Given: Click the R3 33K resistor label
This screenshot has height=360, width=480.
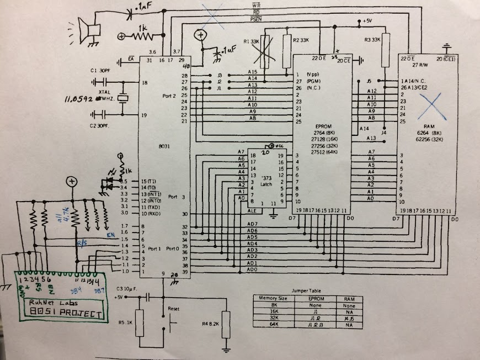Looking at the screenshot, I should point(373,40).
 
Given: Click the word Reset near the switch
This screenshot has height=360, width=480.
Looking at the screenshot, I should point(174,309).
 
